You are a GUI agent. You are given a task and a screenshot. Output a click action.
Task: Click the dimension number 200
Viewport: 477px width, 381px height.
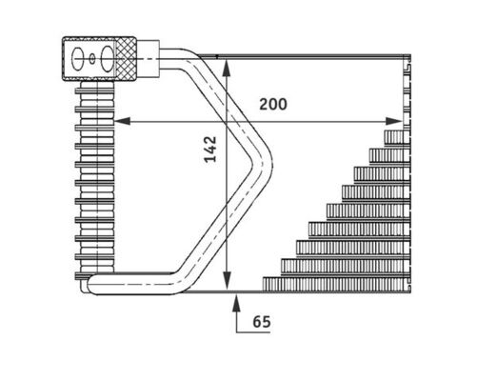coord(273,104)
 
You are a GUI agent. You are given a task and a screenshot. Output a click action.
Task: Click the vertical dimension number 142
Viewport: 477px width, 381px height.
coord(210,150)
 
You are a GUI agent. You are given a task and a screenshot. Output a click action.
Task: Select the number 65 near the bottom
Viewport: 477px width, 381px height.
coord(262,322)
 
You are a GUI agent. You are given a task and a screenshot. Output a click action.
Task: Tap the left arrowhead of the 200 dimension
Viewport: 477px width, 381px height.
coord(122,121)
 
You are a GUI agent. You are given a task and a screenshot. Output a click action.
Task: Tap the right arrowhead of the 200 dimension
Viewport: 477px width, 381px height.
coord(394,121)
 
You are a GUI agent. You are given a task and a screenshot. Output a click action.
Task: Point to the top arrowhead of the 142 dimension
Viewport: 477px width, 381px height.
coord(226,68)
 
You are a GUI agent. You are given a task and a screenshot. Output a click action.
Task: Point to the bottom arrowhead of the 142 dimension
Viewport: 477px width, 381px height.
coord(226,281)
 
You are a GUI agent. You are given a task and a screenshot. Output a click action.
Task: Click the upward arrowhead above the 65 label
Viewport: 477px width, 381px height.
coord(236,302)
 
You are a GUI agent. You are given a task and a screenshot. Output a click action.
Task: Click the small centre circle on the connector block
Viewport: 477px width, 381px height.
coord(92,59)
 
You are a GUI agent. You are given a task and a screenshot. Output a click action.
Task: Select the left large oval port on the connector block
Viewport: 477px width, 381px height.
coord(77,59)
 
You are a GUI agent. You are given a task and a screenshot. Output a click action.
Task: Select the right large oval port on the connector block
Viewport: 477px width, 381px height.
coord(107,59)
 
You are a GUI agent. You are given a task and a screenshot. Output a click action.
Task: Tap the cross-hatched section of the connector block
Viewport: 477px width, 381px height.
coord(126,59)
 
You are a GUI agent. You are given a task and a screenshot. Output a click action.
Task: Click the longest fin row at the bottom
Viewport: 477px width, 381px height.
coord(336,284)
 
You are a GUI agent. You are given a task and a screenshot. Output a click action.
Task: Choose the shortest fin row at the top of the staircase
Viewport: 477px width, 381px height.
coord(397,137)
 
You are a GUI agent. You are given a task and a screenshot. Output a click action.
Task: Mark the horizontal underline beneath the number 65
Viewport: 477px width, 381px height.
coord(253,332)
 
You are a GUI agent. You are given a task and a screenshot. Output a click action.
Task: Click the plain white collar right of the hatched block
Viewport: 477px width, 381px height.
coord(148,59)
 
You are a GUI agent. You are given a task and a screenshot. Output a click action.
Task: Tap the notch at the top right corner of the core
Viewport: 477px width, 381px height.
coord(407,68)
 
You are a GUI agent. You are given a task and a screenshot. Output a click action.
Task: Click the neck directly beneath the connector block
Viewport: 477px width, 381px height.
coord(97,85)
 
